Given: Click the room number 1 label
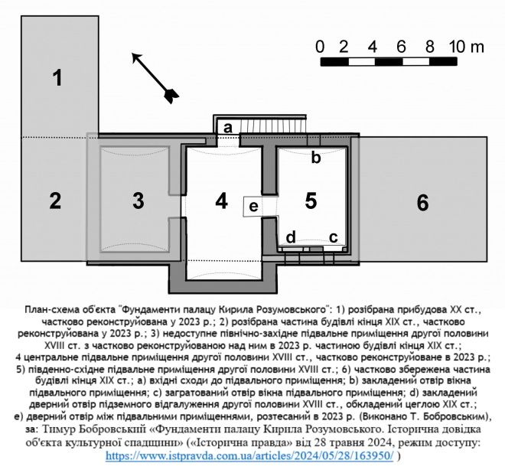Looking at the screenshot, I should (56, 77).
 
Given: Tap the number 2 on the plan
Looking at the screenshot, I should (55, 202).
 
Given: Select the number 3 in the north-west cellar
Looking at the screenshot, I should (138, 201).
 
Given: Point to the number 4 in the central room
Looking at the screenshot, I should (221, 202).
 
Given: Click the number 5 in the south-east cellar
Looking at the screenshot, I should (311, 201).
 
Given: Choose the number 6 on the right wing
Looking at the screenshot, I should (422, 203).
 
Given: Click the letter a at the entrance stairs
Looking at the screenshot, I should (227, 129).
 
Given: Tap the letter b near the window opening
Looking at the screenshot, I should (315, 158).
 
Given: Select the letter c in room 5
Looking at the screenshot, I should (334, 237).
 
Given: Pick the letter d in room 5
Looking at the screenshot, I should (291, 237).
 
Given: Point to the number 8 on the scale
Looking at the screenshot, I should (430, 46).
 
